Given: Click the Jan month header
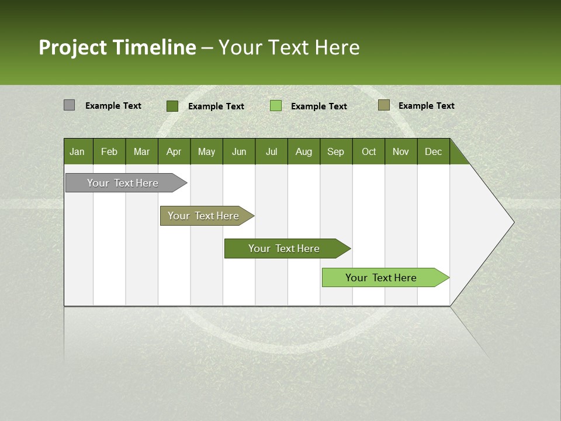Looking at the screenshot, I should tap(78, 151).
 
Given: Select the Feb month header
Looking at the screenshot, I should tap(109, 151).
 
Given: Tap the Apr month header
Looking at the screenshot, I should tap(174, 151).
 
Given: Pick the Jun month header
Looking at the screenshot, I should tap(239, 151).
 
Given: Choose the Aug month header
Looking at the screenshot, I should tap(304, 151).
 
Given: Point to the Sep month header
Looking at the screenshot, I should tap(336, 151).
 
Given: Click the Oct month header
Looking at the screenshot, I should tap(369, 151).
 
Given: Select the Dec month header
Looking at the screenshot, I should tap(434, 151).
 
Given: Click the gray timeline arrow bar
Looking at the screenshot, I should tap(123, 183).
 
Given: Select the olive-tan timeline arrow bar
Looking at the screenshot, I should tap(203, 216).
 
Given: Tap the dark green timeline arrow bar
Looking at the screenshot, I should tap(284, 249).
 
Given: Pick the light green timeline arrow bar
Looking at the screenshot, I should tap(381, 278).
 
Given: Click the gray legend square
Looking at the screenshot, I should tap(69, 105).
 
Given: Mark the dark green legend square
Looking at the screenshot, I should tap(172, 106).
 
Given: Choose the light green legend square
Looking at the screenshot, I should tap(276, 106).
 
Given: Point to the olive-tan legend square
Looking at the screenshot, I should tap(383, 105).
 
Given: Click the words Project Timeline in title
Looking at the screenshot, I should tap(117, 47).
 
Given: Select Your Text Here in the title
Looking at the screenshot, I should tap(289, 47).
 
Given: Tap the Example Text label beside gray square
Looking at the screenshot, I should tap(113, 106).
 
